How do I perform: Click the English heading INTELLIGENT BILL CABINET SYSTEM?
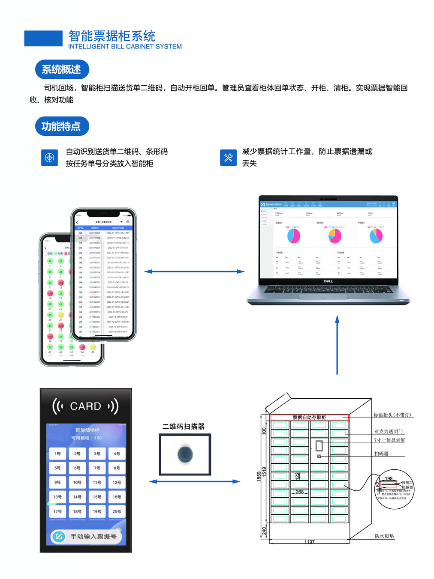click(x=125, y=47)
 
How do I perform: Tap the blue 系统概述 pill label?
click(x=62, y=69)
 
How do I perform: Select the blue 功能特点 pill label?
click(x=62, y=126)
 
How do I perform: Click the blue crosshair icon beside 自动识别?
click(x=49, y=158)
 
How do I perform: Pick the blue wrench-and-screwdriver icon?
click(x=228, y=158)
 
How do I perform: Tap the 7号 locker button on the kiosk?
click(x=97, y=468)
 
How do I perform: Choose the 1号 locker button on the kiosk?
click(x=57, y=454)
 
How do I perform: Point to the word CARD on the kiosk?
click(x=85, y=406)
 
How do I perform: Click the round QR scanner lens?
click(x=185, y=454)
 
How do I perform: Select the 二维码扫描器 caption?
click(x=183, y=427)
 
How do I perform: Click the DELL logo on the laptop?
click(x=328, y=281)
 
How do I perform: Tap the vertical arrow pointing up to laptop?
click(x=337, y=345)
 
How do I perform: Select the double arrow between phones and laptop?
click(x=194, y=272)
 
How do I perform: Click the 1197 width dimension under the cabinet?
click(x=309, y=542)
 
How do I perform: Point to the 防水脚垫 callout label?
click(x=384, y=536)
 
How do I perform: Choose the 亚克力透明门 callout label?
click(x=389, y=432)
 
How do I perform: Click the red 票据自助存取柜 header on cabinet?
click(x=309, y=417)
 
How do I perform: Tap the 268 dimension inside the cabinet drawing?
click(x=300, y=492)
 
